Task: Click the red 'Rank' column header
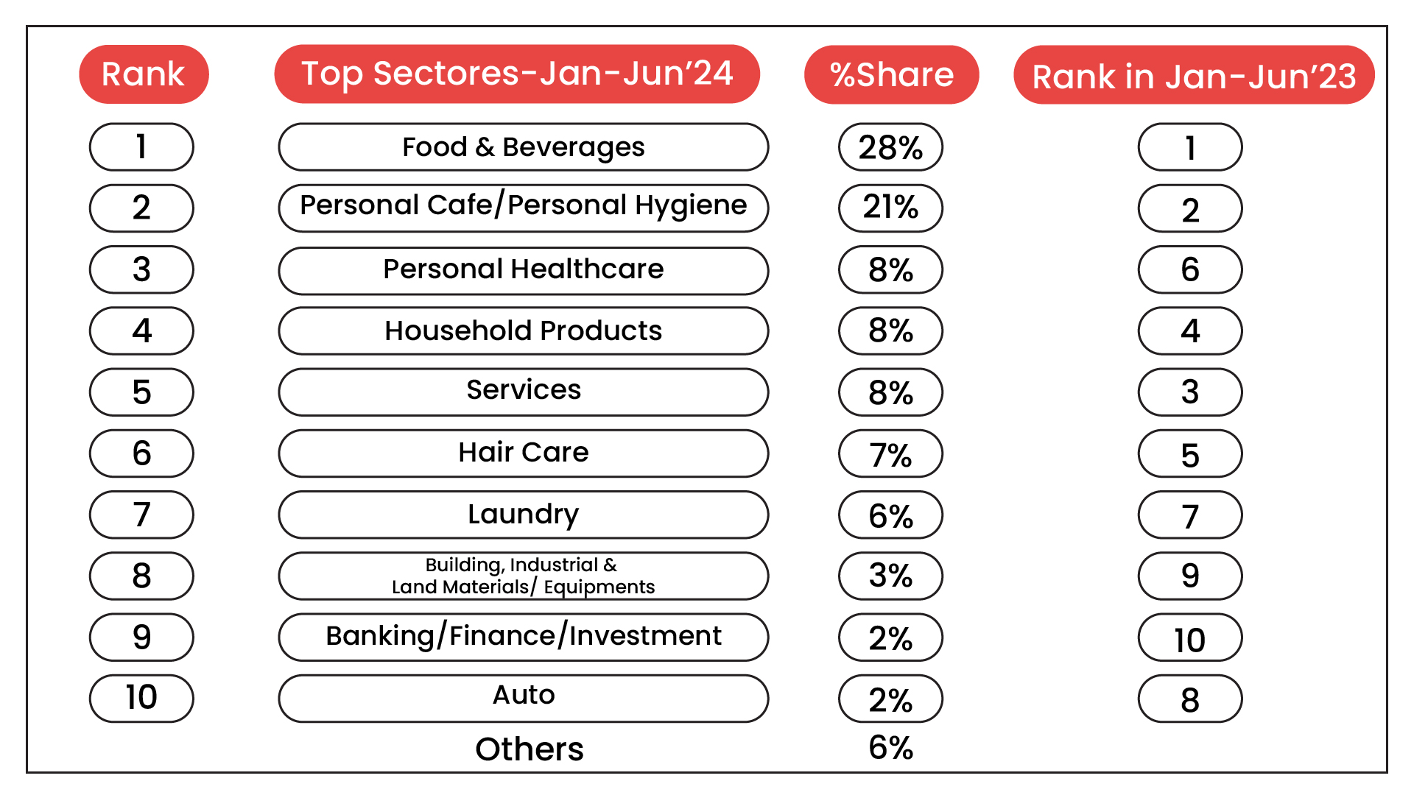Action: click(144, 74)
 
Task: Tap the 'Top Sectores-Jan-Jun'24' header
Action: click(517, 74)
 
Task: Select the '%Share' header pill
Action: click(891, 74)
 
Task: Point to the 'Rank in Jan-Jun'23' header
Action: click(1194, 76)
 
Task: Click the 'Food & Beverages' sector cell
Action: click(523, 147)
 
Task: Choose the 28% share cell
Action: click(890, 147)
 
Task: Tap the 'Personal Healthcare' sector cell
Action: click(523, 270)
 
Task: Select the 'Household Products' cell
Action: click(523, 331)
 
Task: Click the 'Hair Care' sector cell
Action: click(523, 453)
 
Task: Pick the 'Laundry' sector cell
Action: click(523, 515)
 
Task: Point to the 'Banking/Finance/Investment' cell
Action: click(523, 637)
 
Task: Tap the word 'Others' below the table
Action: click(530, 749)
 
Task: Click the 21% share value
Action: click(890, 208)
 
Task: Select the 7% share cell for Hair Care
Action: click(890, 453)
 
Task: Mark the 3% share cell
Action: click(890, 576)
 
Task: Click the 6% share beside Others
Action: click(890, 748)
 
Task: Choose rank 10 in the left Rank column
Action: click(141, 698)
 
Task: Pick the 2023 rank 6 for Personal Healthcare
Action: click(1190, 270)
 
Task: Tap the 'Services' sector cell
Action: click(523, 392)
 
